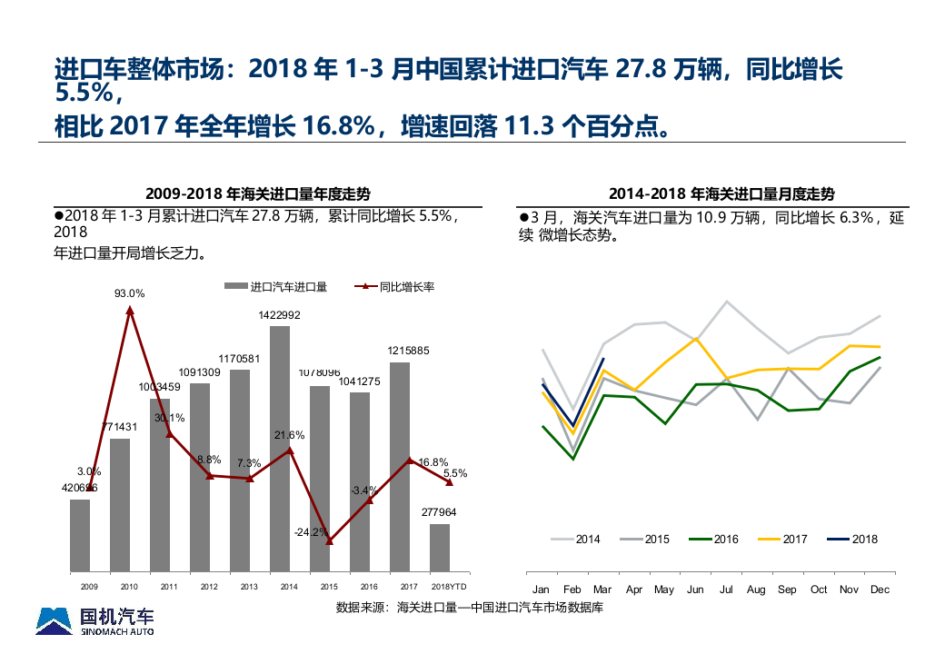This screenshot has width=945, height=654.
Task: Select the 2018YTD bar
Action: click(440, 548)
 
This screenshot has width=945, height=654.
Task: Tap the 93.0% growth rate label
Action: click(129, 293)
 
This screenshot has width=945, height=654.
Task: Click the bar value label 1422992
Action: click(279, 315)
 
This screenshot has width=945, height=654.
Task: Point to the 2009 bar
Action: click(80, 536)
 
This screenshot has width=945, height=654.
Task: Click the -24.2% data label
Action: click(311, 532)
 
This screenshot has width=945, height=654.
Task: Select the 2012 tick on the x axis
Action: click(209, 587)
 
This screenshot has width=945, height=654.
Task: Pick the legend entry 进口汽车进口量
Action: click(276, 286)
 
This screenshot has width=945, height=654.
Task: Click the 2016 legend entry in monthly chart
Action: click(715, 540)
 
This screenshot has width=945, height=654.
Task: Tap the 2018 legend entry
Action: click(854, 540)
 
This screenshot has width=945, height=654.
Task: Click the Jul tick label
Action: click(726, 590)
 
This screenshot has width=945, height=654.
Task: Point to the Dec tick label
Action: click(880, 590)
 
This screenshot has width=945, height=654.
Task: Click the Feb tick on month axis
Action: click(572, 590)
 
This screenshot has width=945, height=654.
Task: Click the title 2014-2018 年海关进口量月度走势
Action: click(721, 193)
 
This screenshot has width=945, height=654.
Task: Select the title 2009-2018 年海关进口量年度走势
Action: click(258, 193)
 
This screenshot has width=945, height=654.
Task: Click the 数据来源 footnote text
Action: click(469, 607)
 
